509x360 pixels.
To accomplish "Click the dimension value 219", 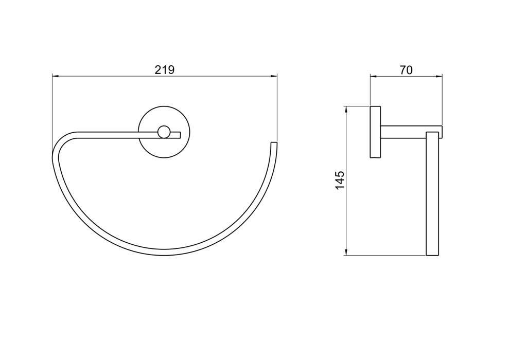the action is tap(165, 70).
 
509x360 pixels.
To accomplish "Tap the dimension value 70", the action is tap(406, 70).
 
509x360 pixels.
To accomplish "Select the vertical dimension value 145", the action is tap(340, 181).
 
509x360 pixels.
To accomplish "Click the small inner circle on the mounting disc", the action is tap(164, 132).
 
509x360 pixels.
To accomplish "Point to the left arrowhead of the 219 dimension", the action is tap(55, 76).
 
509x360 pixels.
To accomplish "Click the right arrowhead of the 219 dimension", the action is tap(274, 76).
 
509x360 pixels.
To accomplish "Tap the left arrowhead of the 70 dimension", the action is tap(373, 76).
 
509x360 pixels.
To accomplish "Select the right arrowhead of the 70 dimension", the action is tap(439, 76).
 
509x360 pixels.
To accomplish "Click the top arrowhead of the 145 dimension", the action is tap(346, 110).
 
